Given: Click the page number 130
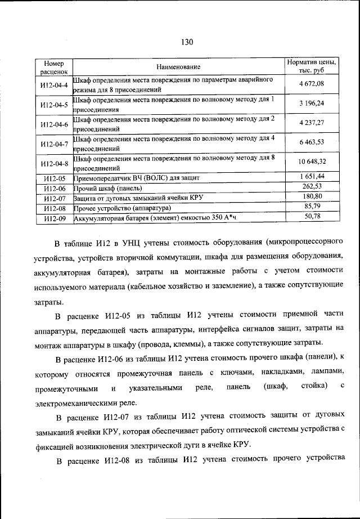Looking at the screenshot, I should [x=187, y=41].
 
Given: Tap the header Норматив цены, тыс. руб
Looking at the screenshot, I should [x=312, y=67].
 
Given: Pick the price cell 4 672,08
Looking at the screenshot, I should [x=312, y=84].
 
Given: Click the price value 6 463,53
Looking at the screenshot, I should [x=312, y=143].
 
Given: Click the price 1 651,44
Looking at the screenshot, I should [x=312, y=177].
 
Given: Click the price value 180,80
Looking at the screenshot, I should [x=312, y=196].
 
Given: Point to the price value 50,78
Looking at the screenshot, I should [x=312, y=216].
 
